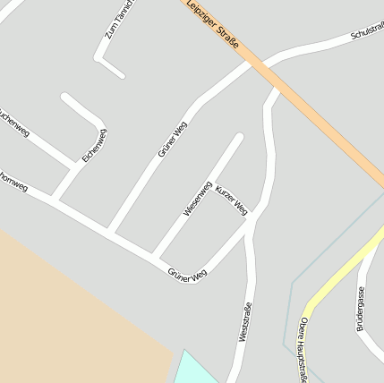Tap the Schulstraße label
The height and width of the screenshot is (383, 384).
367,32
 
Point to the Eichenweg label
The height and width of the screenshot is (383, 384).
94,145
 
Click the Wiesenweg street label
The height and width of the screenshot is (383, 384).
197,199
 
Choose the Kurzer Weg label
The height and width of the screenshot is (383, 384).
231,202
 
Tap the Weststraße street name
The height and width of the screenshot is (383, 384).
243,323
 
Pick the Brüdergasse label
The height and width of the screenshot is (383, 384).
361,309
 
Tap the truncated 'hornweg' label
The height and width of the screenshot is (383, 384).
13,183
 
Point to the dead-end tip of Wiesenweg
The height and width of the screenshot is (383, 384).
239,137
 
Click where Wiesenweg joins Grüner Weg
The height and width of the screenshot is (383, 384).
157,255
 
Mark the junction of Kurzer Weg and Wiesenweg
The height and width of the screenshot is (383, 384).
213,182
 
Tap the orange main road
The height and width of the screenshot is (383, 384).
313,116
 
